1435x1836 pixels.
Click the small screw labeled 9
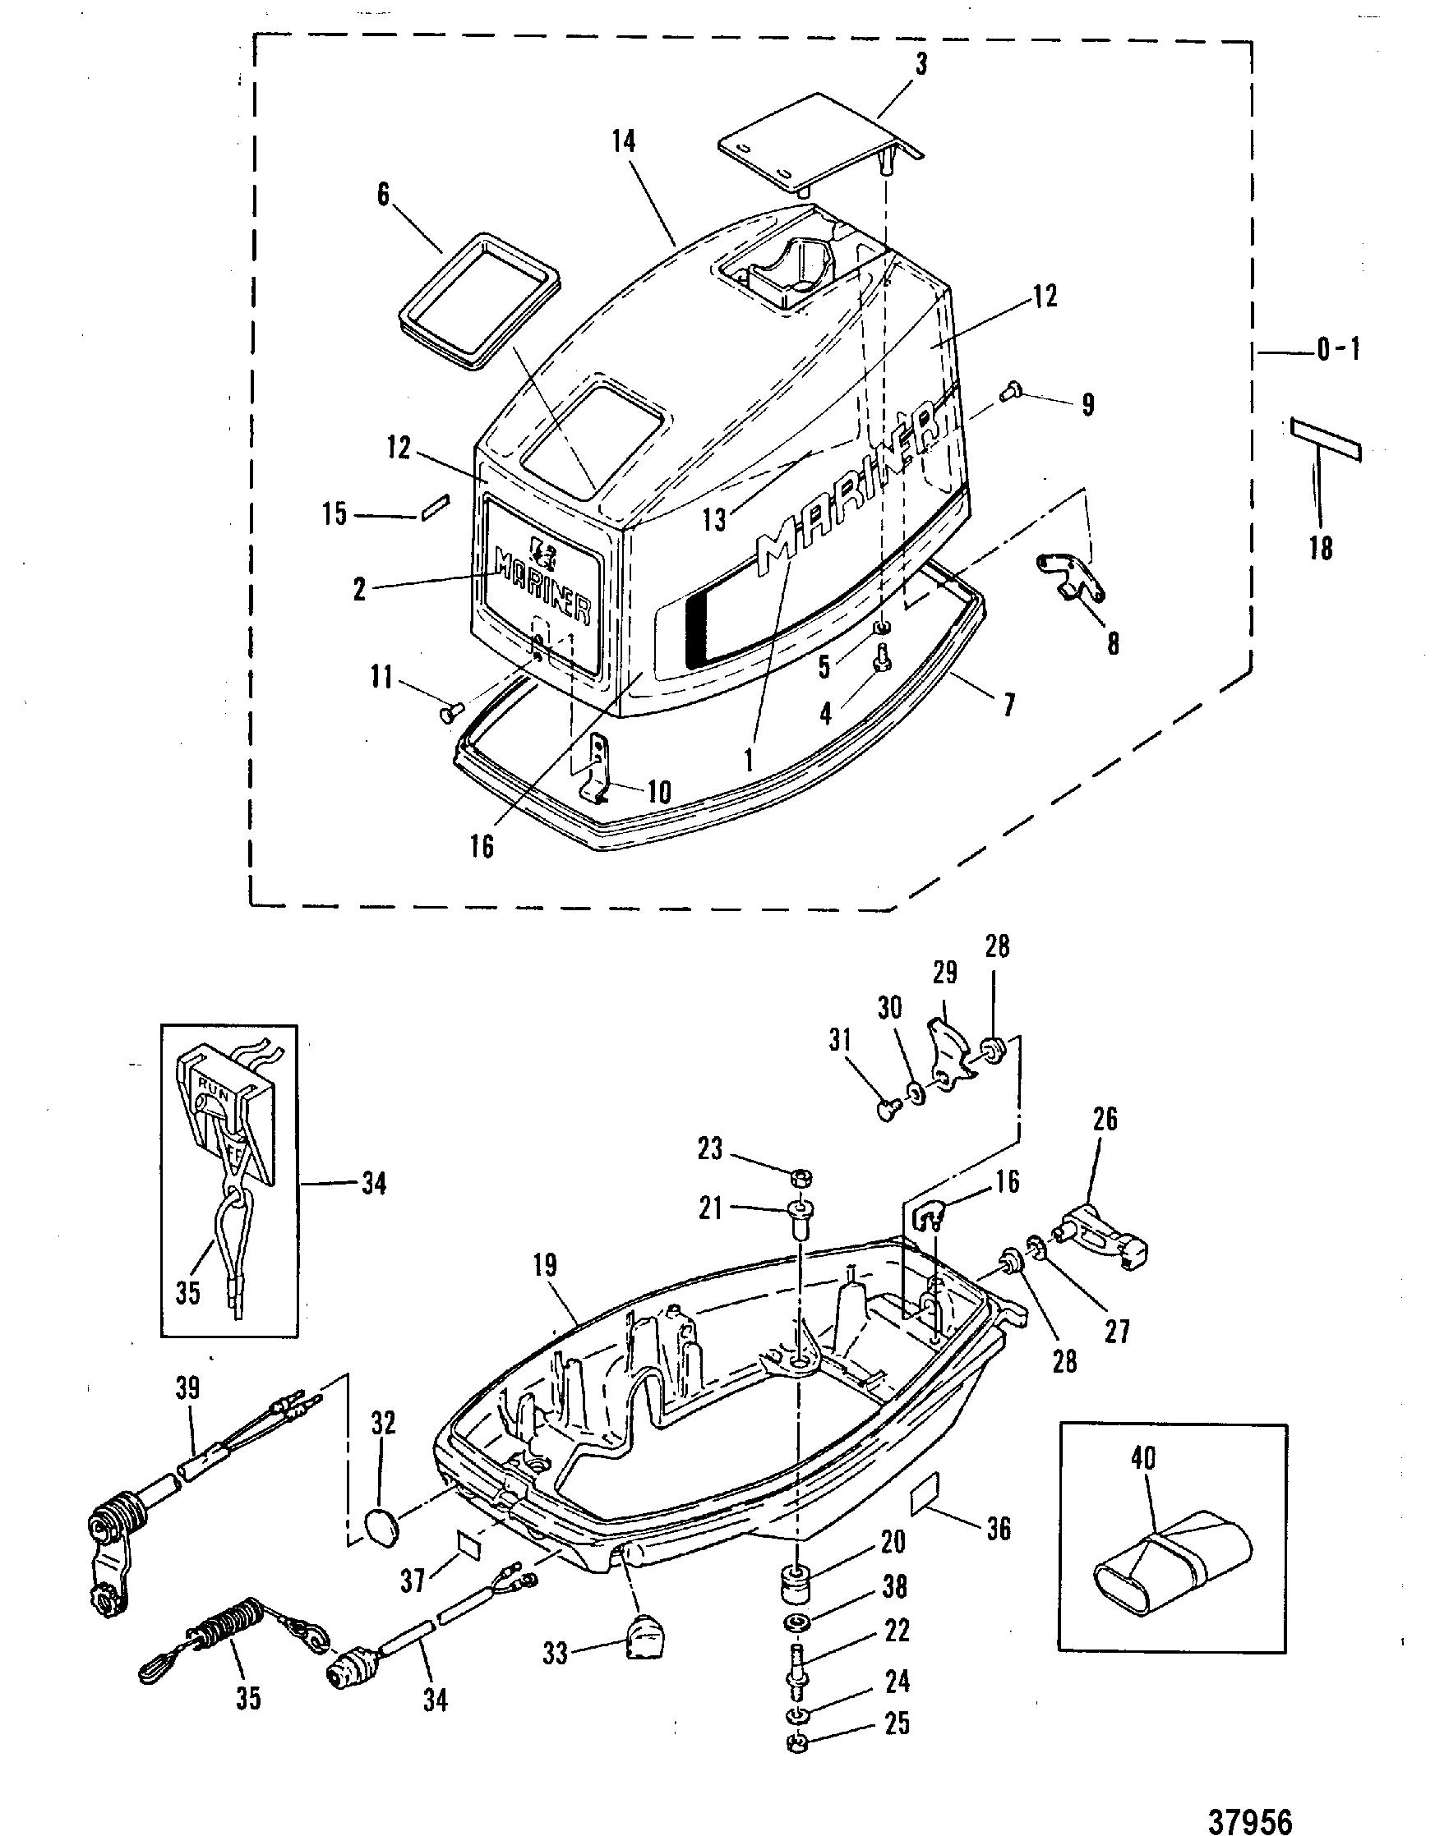pyautogui.click(x=1012, y=389)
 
